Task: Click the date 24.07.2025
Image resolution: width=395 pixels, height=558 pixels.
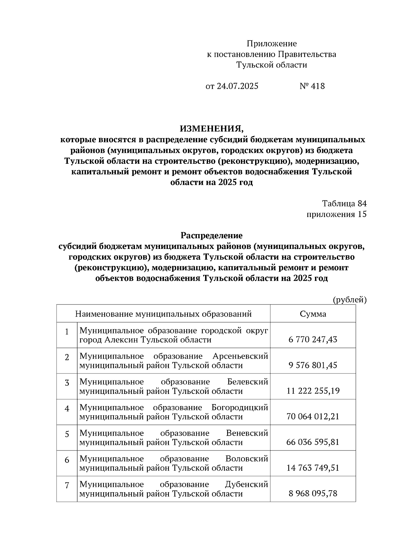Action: (x=237, y=86)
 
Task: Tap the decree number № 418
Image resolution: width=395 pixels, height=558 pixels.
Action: (x=312, y=86)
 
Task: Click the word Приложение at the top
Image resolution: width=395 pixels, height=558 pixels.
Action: (x=272, y=44)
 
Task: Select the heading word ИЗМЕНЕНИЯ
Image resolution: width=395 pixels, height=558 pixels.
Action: (x=211, y=128)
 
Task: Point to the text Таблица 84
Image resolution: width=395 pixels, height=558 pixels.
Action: (x=344, y=204)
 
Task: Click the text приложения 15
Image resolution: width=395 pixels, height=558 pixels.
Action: (x=336, y=214)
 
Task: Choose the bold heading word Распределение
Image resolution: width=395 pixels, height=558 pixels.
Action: (x=211, y=235)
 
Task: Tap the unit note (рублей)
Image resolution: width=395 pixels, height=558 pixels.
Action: (x=350, y=300)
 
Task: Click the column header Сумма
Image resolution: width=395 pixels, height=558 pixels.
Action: (x=313, y=314)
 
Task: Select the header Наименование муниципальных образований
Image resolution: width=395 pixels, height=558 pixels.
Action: (x=163, y=314)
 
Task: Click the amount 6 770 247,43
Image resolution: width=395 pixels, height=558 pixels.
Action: (x=313, y=339)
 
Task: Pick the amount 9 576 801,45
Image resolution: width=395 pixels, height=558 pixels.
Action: (x=313, y=365)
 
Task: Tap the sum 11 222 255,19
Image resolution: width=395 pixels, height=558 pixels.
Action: (x=313, y=391)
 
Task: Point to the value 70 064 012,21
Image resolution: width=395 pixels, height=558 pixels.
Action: (x=313, y=416)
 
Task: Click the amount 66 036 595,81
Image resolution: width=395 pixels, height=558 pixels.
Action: (x=313, y=442)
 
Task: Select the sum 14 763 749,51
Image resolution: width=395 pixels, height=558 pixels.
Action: (x=313, y=468)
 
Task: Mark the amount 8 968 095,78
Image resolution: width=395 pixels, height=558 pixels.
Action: (x=313, y=493)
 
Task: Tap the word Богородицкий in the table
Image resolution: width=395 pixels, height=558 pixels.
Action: (x=240, y=408)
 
